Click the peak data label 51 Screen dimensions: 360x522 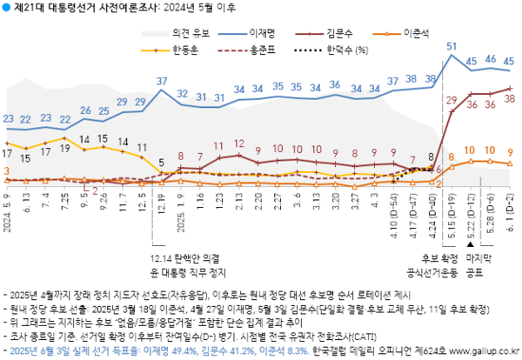click(452, 45)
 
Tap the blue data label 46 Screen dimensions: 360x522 click(491, 59)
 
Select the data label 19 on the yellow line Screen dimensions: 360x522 click(65, 149)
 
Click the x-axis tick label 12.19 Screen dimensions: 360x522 click(162, 210)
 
